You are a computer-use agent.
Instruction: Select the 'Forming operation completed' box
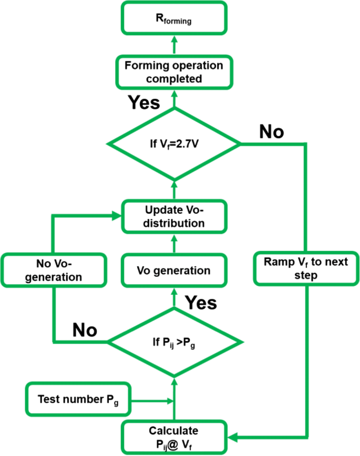(x=174, y=72)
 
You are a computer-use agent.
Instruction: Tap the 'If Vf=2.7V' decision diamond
(x=174, y=143)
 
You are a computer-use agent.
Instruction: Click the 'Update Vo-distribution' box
(x=174, y=216)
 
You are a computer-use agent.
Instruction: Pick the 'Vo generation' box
(x=174, y=271)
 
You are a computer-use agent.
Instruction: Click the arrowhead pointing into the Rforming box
(x=174, y=41)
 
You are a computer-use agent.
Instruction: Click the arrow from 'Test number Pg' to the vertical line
(x=152, y=401)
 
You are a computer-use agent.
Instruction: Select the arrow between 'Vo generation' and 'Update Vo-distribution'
(x=174, y=243)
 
